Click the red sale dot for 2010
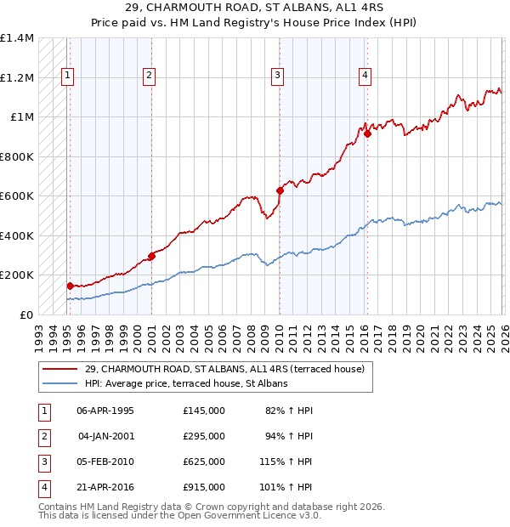coord(280,190)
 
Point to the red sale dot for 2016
coord(367,133)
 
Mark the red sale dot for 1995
coord(70,286)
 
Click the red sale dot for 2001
coord(151,256)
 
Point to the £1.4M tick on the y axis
coord(17,38)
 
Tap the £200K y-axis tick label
coord(16,275)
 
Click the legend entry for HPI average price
coord(186,383)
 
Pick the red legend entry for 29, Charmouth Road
coord(224,369)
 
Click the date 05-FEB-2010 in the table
coord(105,462)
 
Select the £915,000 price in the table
coord(203,487)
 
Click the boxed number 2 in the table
coord(42,436)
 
